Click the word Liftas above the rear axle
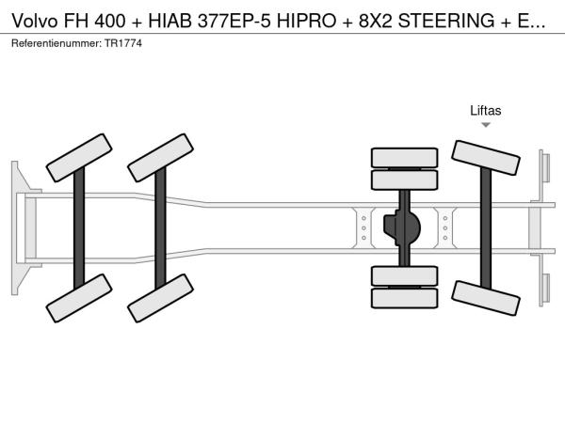(x=485, y=110)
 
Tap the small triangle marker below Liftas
(x=486, y=125)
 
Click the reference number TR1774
(x=123, y=43)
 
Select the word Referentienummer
(x=56, y=43)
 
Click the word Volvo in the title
(x=35, y=21)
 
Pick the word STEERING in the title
(x=446, y=21)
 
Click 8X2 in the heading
(x=375, y=21)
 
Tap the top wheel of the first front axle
(x=79, y=158)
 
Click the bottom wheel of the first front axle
(x=79, y=298)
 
